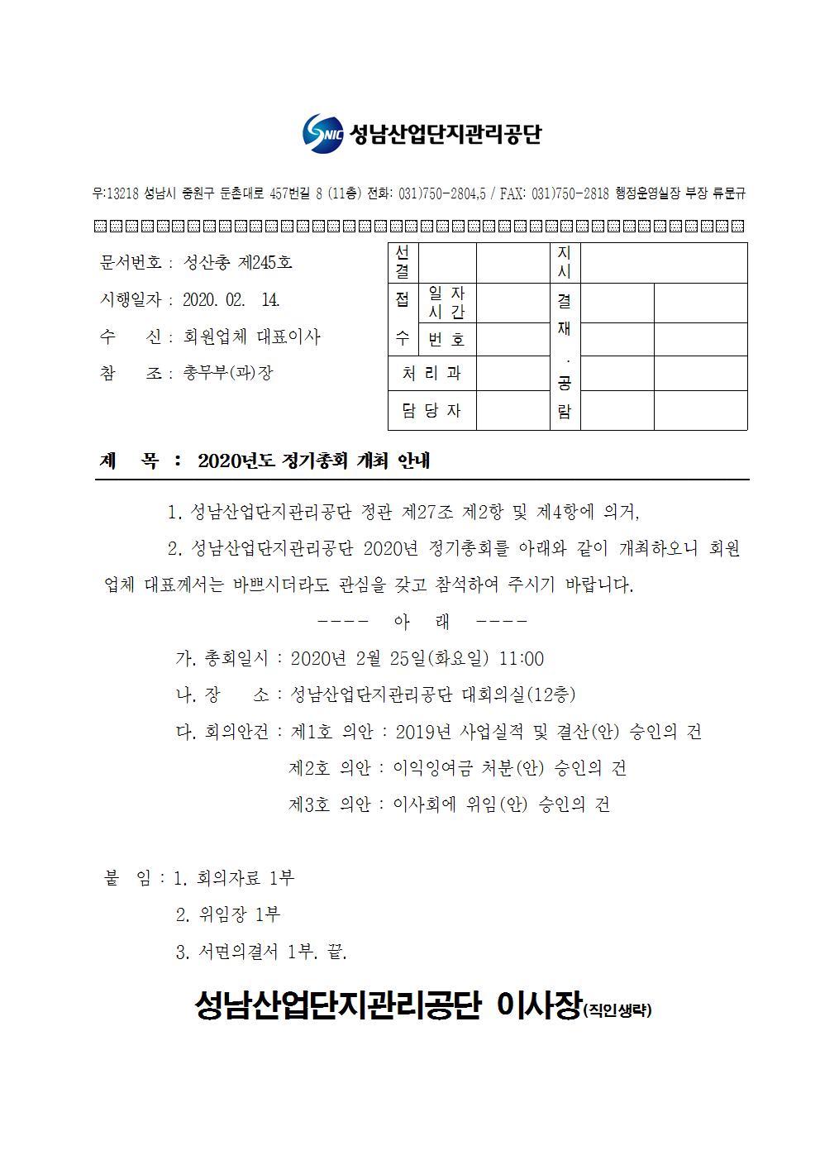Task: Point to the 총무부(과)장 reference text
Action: (227, 373)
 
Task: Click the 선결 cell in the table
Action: (403, 261)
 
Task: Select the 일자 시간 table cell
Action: (446, 303)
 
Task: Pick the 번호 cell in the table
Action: (446, 339)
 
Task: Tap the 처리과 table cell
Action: (431, 374)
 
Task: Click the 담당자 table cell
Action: (431, 411)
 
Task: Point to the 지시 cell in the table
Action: (565, 261)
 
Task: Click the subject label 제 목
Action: (129, 461)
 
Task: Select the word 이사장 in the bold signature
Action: (539, 1005)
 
